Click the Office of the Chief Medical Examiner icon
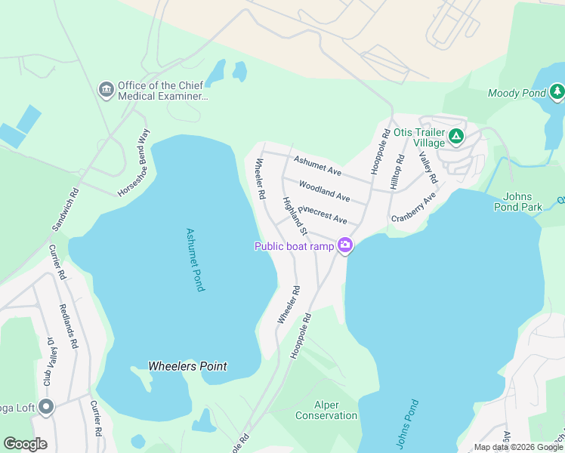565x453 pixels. (x=107, y=91)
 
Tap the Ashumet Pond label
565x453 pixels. (x=193, y=261)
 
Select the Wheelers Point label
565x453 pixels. (x=187, y=366)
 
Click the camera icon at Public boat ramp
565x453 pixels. (x=345, y=245)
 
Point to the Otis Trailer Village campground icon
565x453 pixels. (x=455, y=137)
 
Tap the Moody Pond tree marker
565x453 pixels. (x=557, y=92)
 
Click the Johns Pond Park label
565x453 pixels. (x=523, y=202)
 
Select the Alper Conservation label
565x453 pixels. (x=326, y=410)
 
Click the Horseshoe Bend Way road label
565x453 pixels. (x=134, y=163)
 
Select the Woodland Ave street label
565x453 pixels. (x=324, y=190)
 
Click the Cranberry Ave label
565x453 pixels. (x=413, y=208)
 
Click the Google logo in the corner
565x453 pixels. (x=25, y=443)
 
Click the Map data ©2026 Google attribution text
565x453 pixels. (x=519, y=447)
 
